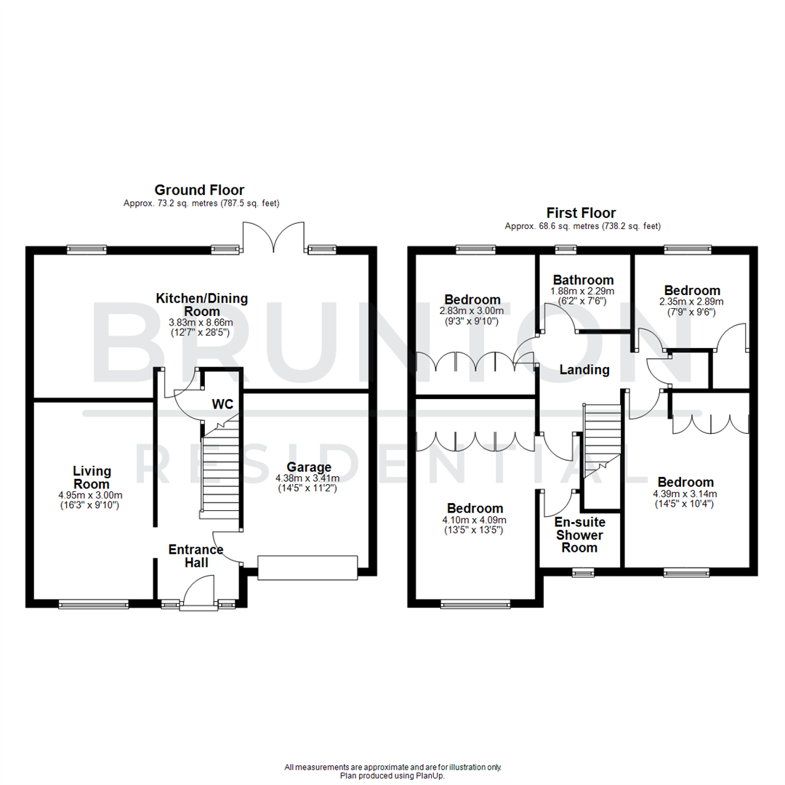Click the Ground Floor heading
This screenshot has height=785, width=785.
(x=199, y=190)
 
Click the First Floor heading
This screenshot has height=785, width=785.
(x=581, y=213)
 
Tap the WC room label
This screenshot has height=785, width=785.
(x=222, y=403)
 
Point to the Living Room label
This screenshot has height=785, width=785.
(x=92, y=478)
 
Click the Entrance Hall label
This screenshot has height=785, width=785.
(x=196, y=556)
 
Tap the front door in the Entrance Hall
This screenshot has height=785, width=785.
(x=198, y=589)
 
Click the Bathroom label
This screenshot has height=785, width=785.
(x=583, y=280)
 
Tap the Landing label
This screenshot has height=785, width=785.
(x=584, y=370)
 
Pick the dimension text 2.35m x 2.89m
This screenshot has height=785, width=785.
(x=691, y=302)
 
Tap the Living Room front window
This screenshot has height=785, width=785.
(x=94, y=603)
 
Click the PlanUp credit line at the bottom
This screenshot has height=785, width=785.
(x=392, y=776)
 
